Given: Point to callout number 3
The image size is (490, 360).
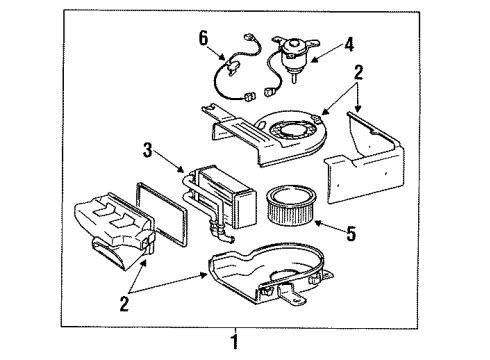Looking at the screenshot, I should point(147,150).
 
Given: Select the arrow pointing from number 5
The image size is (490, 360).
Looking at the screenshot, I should point(330,226).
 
